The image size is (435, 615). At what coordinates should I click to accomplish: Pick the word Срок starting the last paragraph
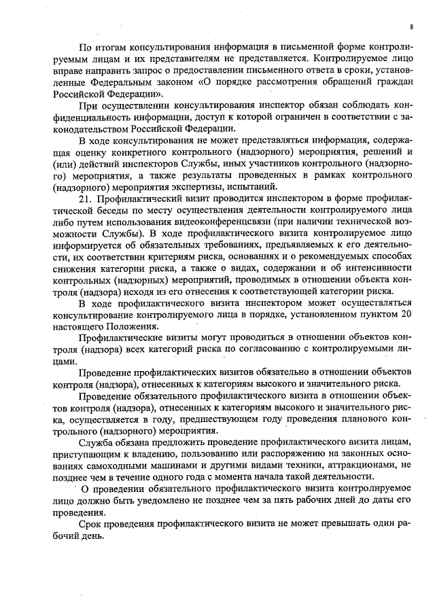coord(90,523)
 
